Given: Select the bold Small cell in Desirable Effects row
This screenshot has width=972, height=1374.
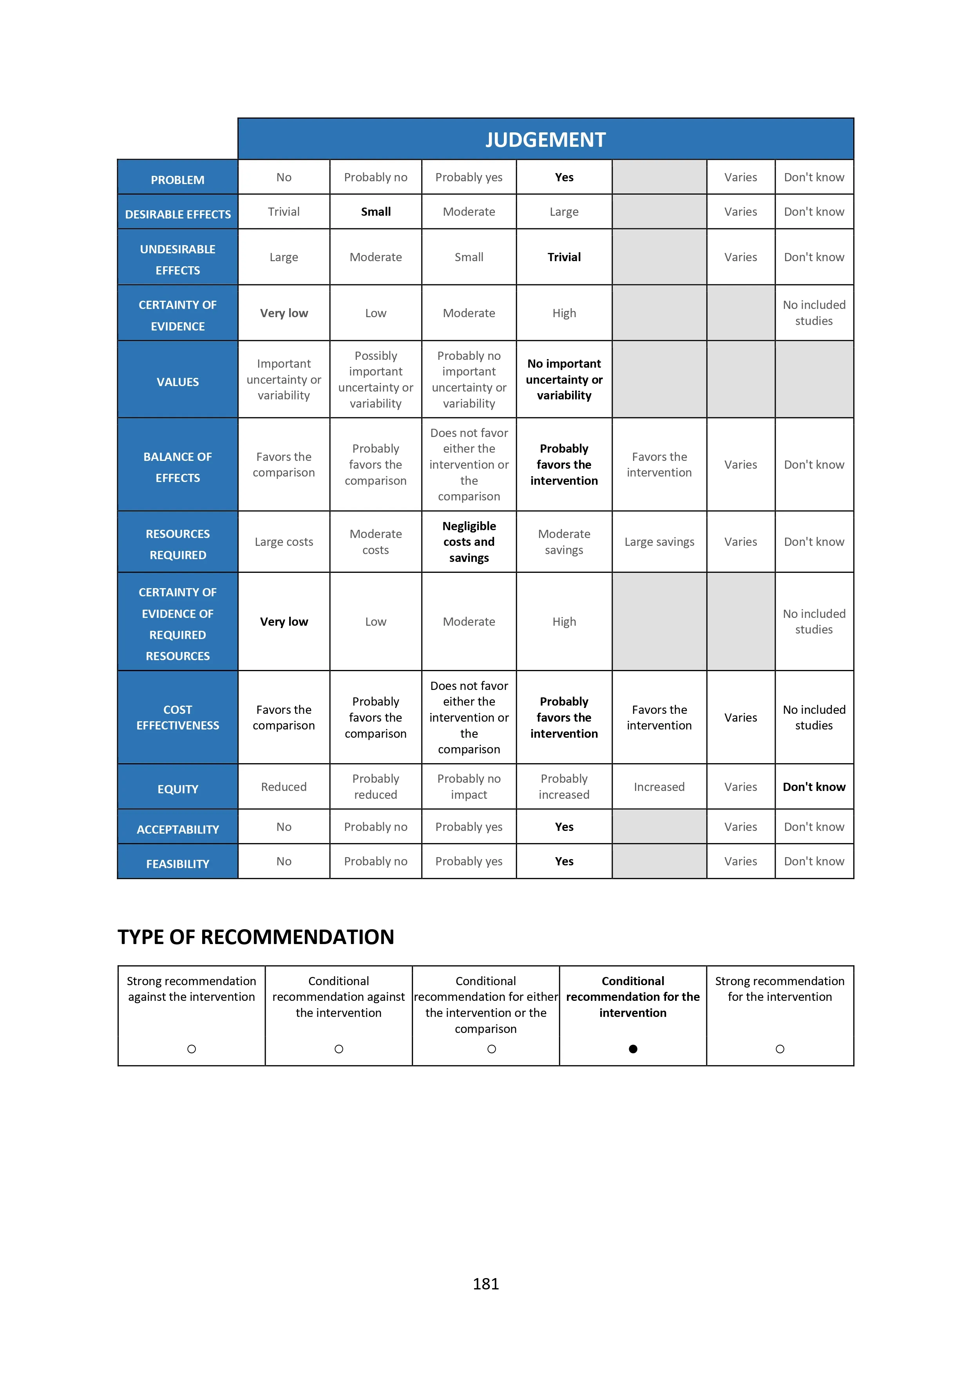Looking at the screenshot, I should (375, 212).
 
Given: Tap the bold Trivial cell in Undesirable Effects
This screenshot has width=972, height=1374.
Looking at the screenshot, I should (563, 257).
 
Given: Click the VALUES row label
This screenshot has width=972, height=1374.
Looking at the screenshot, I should (177, 382).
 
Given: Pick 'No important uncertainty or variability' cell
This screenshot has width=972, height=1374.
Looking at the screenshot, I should (563, 379).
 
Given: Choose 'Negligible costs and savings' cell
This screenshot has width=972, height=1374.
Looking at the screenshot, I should (469, 542).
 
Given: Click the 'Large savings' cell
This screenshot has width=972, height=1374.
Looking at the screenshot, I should (659, 542).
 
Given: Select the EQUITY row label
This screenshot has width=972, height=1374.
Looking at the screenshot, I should (177, 789).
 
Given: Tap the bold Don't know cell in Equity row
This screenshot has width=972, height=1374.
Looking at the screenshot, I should (813, 787).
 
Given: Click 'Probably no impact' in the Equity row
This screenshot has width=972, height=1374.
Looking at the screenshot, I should (469, 786).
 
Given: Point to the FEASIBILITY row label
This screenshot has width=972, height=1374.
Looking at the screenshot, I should (177, 863).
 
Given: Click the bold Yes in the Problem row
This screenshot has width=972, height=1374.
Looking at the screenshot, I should (563, 177).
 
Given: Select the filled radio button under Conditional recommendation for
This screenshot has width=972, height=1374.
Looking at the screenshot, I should (632, 1049).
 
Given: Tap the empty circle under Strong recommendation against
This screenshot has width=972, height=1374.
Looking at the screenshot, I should (192, 1049).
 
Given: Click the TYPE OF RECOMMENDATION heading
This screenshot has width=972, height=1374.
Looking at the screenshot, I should (256, 937).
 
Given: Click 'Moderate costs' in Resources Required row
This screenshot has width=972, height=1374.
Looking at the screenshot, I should (375, 542).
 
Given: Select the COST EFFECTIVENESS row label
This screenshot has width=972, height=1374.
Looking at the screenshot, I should (177, 717).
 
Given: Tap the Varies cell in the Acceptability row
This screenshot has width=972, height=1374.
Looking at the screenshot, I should (740, 827).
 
